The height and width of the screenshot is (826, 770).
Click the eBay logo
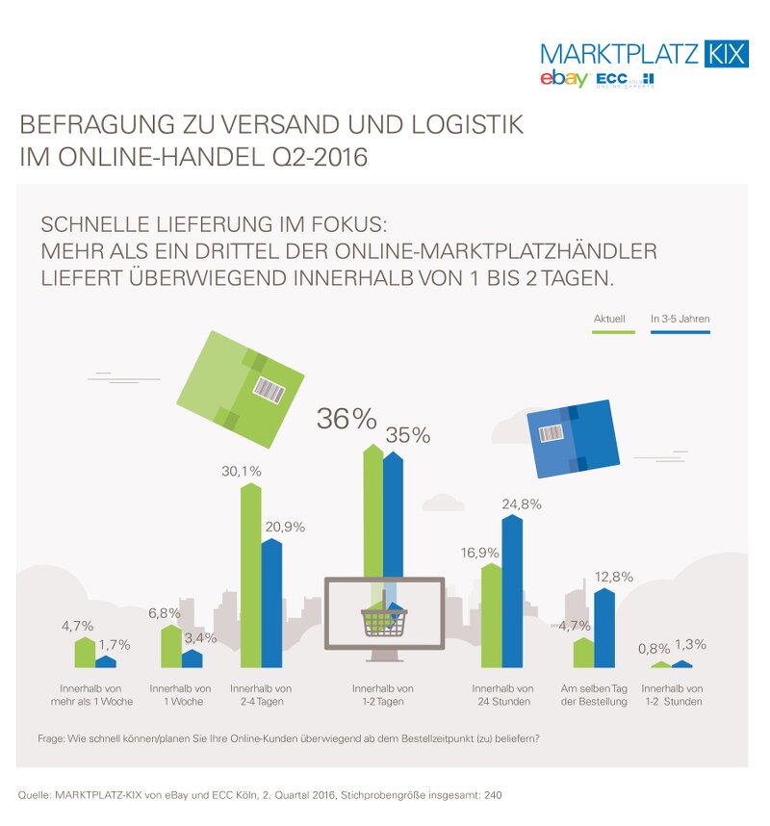point(563,79)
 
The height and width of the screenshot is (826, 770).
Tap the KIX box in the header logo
point(726,53)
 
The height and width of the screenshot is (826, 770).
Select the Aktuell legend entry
point(609,319)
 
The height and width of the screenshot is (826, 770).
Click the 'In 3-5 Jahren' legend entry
point(680,319)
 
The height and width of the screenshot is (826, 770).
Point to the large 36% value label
point(346,419)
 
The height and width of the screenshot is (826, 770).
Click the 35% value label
point(407,435)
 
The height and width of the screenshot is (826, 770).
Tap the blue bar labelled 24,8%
point(512,592)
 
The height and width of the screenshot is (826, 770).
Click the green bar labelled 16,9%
point(491,616)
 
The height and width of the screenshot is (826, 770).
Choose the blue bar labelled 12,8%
point(603,629)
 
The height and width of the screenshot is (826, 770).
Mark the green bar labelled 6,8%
point(169,647)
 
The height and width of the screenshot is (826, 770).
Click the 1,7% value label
point(114,644)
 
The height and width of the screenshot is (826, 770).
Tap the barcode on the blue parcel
point(552,433)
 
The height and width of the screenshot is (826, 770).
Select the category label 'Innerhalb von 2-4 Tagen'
point(261,695)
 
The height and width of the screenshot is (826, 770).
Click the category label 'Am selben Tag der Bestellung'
point(594,695)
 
